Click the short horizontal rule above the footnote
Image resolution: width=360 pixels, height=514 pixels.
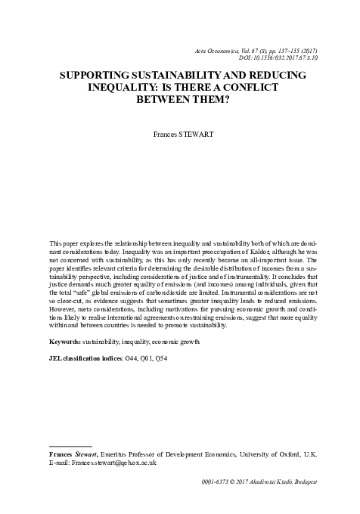pos(70,445)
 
